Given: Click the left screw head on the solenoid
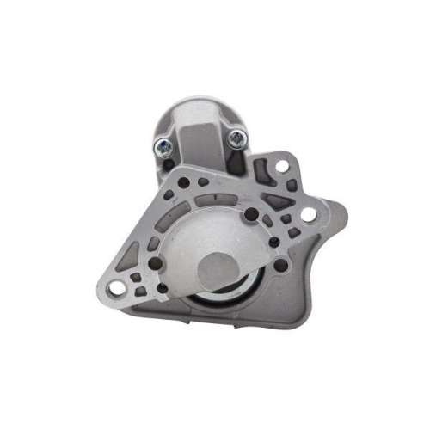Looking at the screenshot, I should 161,145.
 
